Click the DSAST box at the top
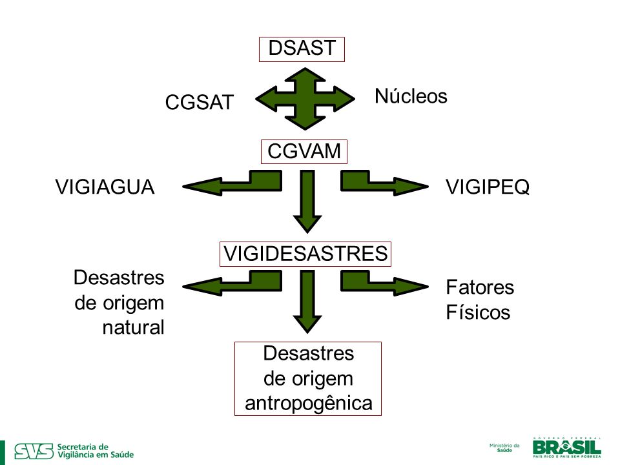pos(302,49)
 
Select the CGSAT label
pos(200,102)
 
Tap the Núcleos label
pos(411,96)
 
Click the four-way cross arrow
pos(305,99)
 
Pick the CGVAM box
pos(304,151)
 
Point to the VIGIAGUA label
pos(105,187)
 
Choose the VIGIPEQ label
pos(488,187)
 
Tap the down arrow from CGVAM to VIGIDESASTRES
pos(307,201)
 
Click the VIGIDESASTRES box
pos(305,254)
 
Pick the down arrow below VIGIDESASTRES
pos(307,302)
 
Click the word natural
pos(133,327)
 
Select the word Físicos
pos(478,313)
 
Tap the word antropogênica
pos(309,404)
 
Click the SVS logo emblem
pos(34,451)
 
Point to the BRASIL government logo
pos(566,448)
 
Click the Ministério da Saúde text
pos(504,448)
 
